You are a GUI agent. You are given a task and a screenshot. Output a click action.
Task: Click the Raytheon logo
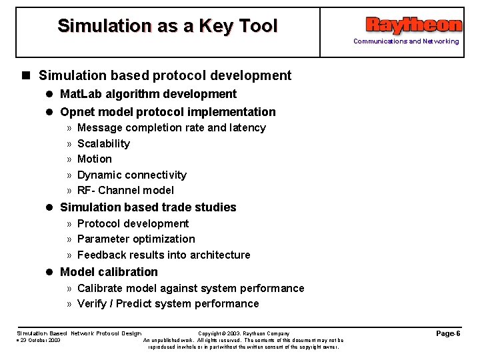tap(413, 25)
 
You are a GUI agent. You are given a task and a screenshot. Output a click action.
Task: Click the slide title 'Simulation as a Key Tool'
tap(167, 26)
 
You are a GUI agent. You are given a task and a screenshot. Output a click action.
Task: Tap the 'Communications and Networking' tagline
tap(405, 41)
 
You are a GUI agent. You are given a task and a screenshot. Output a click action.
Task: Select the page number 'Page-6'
tap(448, 333)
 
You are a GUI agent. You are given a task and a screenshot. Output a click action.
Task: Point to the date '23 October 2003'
tap(41, 340)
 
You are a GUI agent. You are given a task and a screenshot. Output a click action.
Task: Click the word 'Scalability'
tap(103, 143)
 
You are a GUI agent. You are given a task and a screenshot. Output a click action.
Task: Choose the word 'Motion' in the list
tap(95, 159)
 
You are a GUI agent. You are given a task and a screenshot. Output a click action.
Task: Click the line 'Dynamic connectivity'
tap(132, 175)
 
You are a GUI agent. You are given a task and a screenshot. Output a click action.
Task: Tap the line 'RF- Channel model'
tap(125, 190)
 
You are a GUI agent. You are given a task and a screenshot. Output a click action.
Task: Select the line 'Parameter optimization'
tap(136, 239)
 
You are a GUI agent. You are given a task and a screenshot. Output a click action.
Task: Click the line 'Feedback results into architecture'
tap(164, 255)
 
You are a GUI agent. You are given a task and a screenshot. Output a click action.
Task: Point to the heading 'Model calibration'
tap(109, 272)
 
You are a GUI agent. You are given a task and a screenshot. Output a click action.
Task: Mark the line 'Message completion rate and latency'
tap(171, 127)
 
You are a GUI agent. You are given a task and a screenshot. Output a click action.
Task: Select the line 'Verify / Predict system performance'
tap(168, 303)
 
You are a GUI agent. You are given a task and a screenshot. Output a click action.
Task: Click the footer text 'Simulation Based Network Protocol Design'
tap(79, 333)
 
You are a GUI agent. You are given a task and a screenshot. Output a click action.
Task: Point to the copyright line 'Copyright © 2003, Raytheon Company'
tap(244, 333)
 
